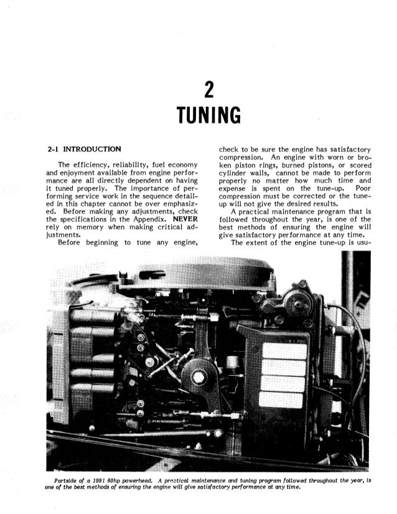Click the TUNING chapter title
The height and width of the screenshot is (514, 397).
tap(208, 116)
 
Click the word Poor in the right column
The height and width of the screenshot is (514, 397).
tap(362, 187)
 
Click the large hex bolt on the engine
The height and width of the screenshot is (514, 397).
tap(198, 377)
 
